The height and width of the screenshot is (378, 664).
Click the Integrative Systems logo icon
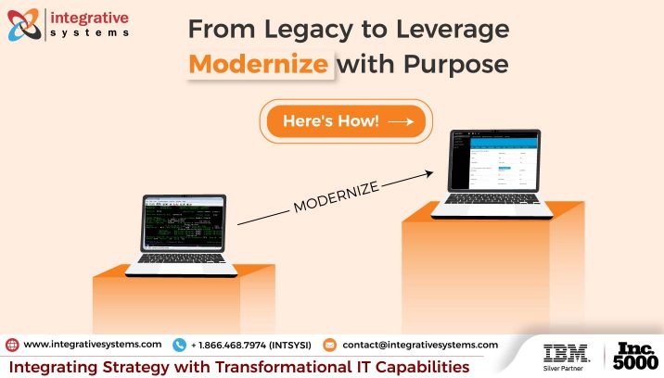coord(26,25)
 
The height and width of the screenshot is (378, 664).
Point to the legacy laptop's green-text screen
coord(182,225)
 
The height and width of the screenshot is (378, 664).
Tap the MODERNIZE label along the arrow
coord(337,197)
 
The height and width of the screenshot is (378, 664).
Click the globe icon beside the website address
coord(11,345)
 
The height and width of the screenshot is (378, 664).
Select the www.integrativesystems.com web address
coord(93,345)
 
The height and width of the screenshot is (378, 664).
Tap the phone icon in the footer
coord(179,345)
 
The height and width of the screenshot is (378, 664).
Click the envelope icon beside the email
coord(329,345)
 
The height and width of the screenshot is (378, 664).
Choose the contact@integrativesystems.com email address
coord(419,345)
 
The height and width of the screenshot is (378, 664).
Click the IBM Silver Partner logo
coord(566,357)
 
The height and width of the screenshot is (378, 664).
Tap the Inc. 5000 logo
coord(636,357)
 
